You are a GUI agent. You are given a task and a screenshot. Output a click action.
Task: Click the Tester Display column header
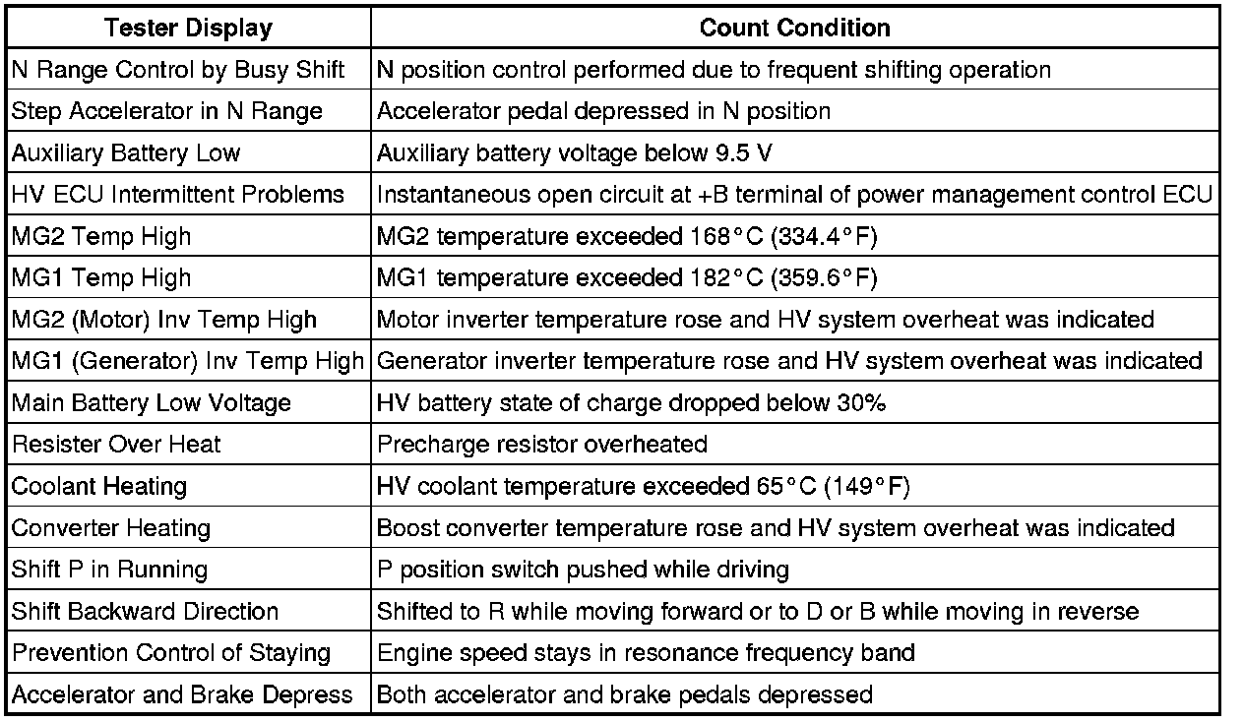tap(188, 29)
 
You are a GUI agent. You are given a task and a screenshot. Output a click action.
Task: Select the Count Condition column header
tap(794, 29)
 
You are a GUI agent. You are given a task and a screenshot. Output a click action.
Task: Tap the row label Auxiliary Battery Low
tap(126, 153)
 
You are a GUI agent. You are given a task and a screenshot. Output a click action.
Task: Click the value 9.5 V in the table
tap(726, 153)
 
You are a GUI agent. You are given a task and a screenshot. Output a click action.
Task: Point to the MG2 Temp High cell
tap(101, 237)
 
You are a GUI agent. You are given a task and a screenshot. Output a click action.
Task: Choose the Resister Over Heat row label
tap(116, 445)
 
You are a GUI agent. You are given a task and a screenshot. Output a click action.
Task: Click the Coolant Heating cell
tap(99, 487)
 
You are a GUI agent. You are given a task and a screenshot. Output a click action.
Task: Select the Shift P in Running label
tap(110, 571)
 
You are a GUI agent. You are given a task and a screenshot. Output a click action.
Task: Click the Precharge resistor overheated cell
tap(542, 445)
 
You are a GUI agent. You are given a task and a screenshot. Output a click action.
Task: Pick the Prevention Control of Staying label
tap(171, 653)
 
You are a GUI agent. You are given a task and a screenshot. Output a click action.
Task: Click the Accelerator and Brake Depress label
tap(182, 695)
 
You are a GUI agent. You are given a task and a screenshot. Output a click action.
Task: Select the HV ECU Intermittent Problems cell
tap(178, 195)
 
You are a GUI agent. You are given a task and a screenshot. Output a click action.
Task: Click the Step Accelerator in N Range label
tap(167, 112)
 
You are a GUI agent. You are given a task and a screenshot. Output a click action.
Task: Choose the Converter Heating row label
tap(111, 528)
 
